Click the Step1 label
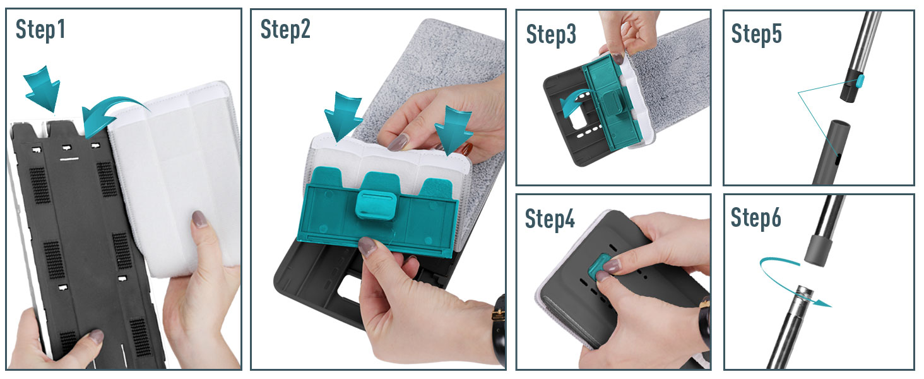40,30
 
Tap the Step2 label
285,29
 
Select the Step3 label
551,34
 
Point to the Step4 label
550,219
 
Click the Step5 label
757,33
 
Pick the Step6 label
756,217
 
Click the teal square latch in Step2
376,205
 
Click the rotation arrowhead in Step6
824,304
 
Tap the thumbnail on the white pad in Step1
199,219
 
